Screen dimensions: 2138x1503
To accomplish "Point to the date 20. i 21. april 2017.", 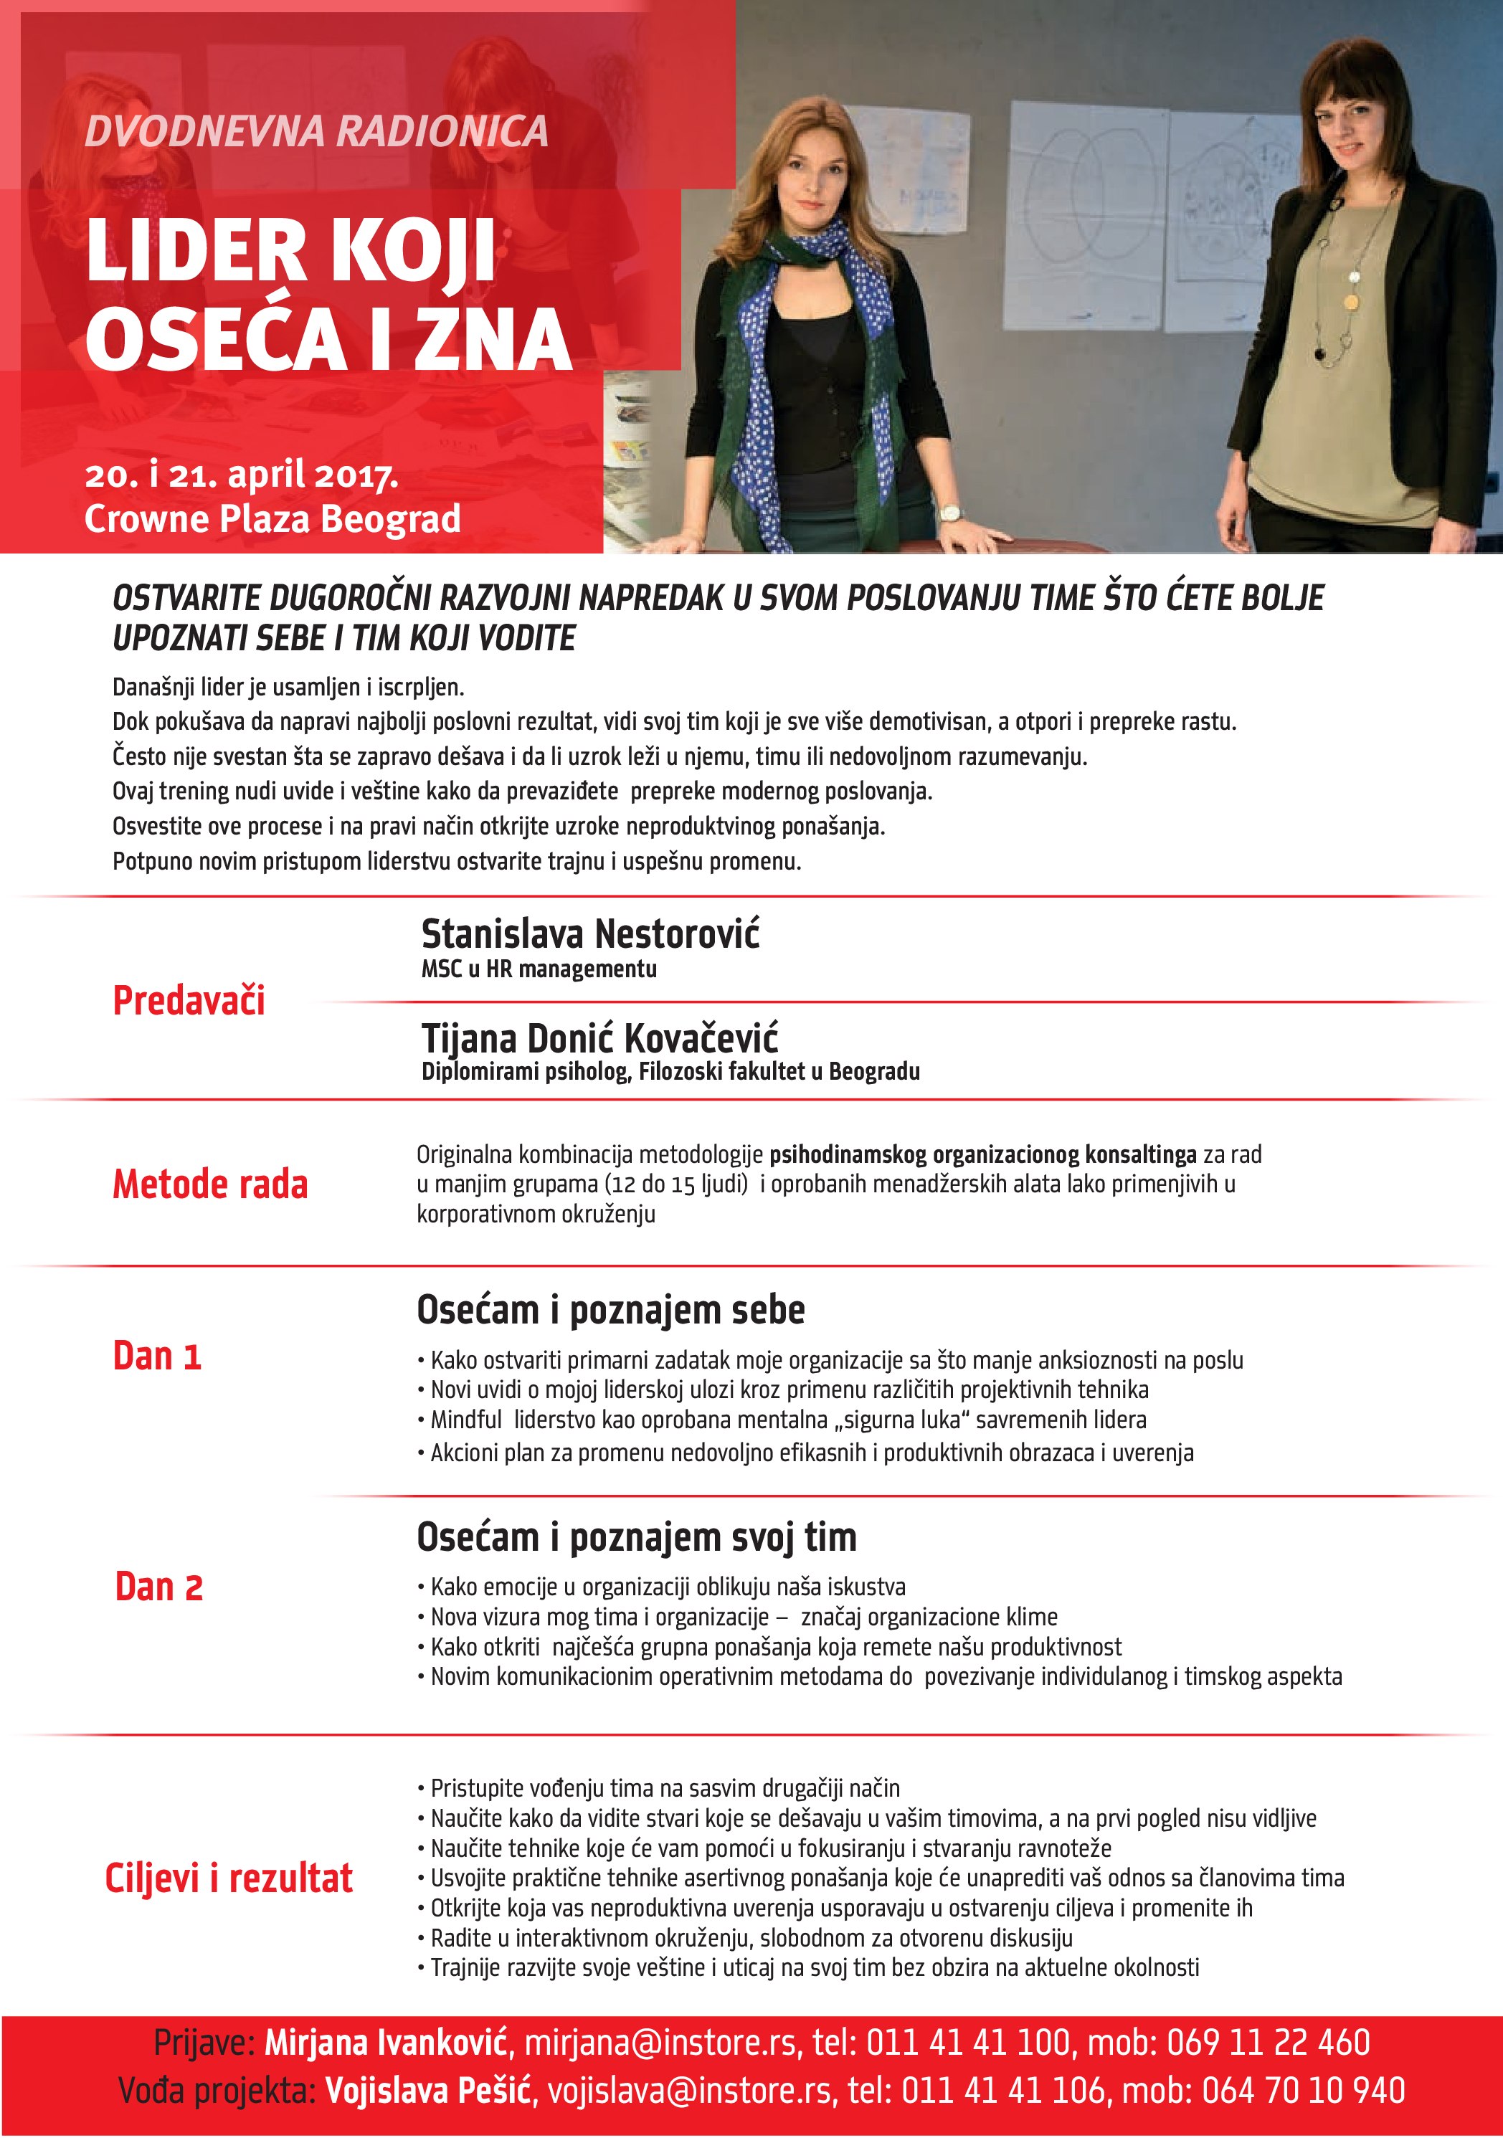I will coord(241,475).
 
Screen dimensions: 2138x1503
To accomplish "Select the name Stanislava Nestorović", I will coord(589,934).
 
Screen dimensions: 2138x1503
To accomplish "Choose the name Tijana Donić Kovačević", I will coord(599,1037).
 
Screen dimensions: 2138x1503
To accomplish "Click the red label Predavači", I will coord(189,1000).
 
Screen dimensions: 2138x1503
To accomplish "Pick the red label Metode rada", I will coord(209,1184).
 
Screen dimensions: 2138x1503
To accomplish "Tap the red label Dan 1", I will coord(156,1356).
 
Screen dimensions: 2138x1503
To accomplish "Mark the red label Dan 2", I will coord(158,1587).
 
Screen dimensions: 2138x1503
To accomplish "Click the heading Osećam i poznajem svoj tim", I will coord(636,1537).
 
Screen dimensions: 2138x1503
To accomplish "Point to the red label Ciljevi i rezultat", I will coord(228,1878).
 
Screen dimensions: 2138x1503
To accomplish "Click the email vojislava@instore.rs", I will coord(689,2091).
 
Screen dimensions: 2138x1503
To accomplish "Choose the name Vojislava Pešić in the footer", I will coord(428,2091).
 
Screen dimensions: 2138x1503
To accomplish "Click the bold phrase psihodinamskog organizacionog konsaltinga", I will coord(982,1154).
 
